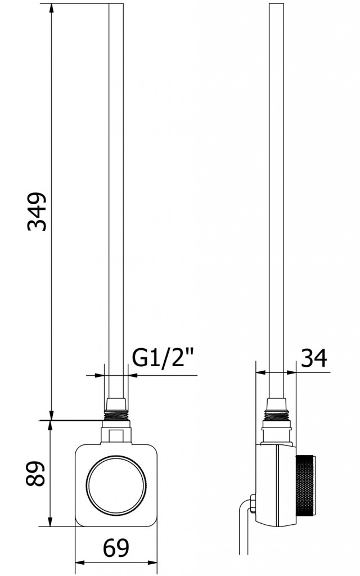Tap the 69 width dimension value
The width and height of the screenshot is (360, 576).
coord(116,547)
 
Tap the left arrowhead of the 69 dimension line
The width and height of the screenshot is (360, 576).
coord(79,563)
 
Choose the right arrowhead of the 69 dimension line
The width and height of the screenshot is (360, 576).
coord(152,563)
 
